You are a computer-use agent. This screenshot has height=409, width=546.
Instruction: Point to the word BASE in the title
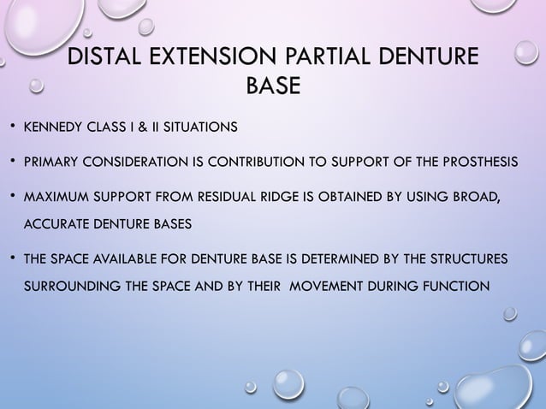click(273, 88)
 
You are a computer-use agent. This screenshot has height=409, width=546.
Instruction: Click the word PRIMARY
click(51, 163)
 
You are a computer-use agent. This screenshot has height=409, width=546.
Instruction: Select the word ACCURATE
click(55, 222)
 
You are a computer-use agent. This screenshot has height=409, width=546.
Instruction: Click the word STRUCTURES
click(460, 258)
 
